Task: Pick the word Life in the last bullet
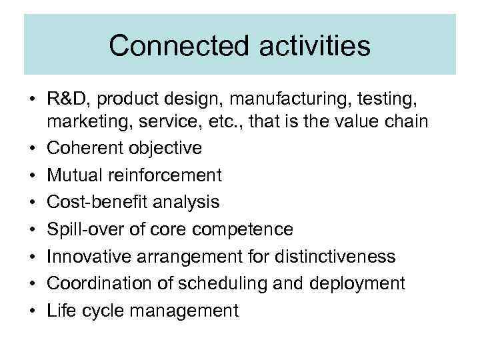(60, 311)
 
